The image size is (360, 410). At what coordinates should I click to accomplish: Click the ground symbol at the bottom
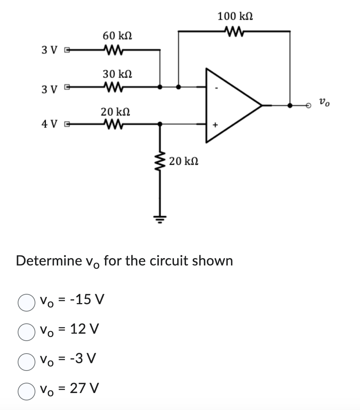160,217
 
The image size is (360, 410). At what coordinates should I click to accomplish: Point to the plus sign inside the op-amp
216,126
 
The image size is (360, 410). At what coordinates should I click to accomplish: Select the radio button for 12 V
24,329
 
